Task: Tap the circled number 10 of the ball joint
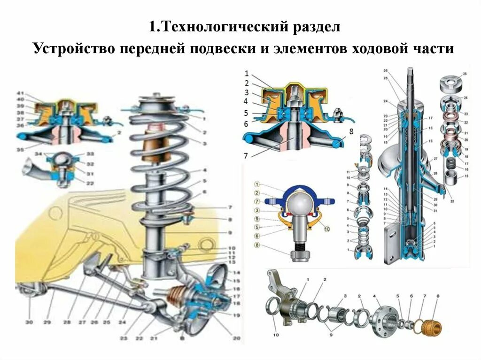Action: tap(326, 229)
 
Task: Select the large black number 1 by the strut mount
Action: tap(246, 73)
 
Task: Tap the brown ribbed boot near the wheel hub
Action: tap(178, 296)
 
